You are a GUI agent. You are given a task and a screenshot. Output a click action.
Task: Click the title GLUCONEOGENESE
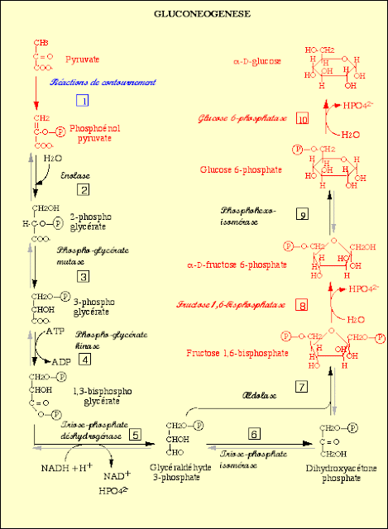[194, 15]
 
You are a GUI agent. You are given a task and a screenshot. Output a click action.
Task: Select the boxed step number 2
[83, 190]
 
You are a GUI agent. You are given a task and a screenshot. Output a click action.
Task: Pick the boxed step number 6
[255, 434]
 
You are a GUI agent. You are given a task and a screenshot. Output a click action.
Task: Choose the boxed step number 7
[301, 386]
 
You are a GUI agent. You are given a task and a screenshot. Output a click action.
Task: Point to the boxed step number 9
[302, 215]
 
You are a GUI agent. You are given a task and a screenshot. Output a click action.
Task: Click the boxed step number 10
[302, 119]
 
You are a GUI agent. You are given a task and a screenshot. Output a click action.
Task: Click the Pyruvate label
[83, 60]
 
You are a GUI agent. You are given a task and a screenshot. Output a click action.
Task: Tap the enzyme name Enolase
[74, 176]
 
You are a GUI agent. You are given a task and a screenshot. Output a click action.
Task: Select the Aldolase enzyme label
[259, 395]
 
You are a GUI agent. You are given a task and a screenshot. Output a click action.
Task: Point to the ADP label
[61, 362]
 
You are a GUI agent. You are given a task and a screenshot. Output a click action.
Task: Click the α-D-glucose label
[258, 61]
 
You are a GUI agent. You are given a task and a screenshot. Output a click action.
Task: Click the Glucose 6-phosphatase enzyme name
[242, 118]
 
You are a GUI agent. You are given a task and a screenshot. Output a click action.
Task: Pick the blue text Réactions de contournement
[91, 83]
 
